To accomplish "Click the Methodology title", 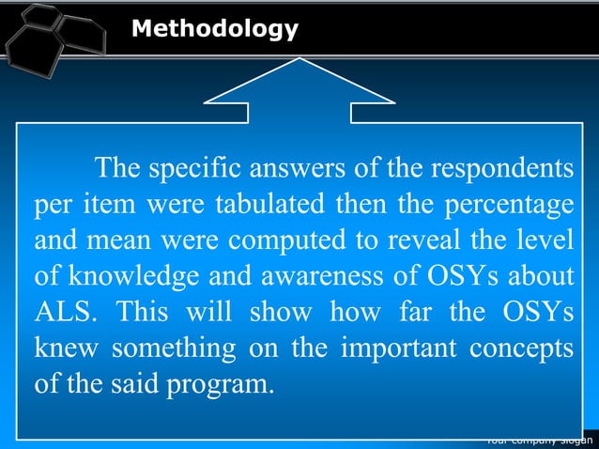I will click(x=215, y=29).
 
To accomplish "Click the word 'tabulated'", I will click(x=265, y=205).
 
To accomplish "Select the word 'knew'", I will click(x=65, y=348).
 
